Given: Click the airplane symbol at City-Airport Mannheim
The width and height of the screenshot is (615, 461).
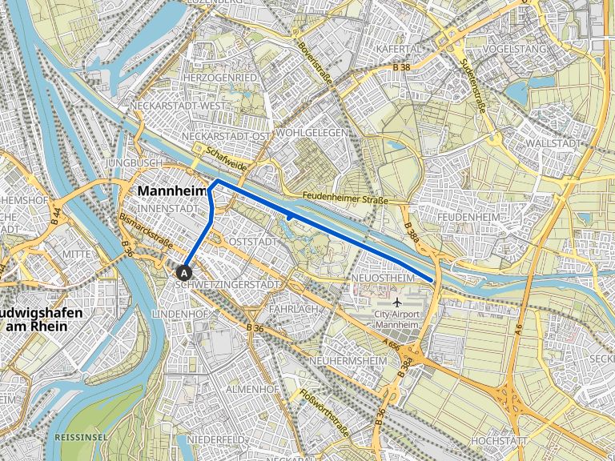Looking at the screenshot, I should click(398, 303).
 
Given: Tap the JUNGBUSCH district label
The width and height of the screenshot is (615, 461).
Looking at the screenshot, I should click(127, 162).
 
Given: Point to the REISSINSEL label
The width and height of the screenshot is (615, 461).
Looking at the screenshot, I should click(80, 438).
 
